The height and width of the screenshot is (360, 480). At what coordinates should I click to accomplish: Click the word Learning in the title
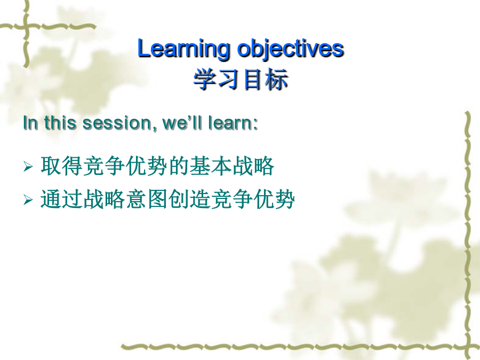click(x=183, y=49)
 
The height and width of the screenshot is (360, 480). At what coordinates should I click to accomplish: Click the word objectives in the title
click(x=291, y=49)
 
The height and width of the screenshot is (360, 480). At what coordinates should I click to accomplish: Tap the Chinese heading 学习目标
click(x=241, y=79)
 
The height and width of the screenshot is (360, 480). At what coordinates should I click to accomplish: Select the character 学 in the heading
click(x=205, y=79)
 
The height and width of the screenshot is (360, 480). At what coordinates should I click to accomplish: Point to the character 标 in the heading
click(x=277, y=79)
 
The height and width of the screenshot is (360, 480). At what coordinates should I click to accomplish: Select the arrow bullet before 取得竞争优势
click(x=28, y=167)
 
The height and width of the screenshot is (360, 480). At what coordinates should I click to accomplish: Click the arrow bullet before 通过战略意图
click(x=28, y=200)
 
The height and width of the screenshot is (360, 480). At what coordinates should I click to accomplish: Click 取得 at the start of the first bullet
click(x=61, y=166)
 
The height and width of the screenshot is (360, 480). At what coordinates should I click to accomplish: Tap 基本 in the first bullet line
click(x=210, y=166)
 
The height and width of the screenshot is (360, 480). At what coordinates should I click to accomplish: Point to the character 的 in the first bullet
click(x=179, y=166)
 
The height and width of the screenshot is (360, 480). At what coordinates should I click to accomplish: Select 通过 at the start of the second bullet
click(x=61, y=199)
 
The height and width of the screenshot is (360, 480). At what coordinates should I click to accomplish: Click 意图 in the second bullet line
click(x=146, y=199)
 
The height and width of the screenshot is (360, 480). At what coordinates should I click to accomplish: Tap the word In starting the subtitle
click(x=30, y=123)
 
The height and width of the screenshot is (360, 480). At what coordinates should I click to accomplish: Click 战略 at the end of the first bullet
click(x=253, y=166)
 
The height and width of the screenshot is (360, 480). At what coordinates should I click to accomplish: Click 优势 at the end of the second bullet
click(x=274, y=199)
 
